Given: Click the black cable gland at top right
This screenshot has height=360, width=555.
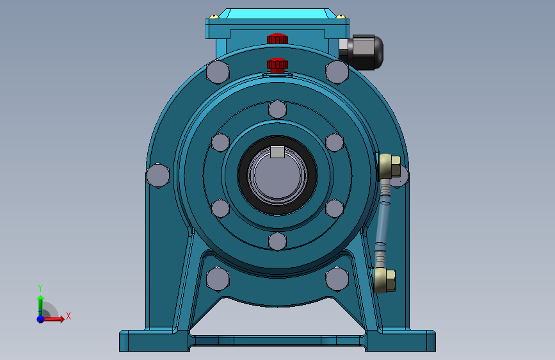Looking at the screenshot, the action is [x=360, y=52].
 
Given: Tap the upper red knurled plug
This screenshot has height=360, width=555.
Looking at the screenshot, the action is [x=277, y=38].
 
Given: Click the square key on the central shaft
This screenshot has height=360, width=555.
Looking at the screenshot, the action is [x=278, y=152].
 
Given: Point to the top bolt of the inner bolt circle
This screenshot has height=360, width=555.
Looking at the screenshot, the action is [x=278, y=109].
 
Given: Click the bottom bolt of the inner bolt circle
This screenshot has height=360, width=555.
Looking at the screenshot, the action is [x=278, y=241].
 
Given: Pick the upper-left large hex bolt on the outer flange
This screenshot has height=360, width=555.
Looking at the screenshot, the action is [x=218, y=72].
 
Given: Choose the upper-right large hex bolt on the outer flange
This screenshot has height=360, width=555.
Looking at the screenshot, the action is [x=337, y=72].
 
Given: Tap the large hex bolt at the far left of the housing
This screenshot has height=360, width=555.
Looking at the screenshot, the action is [x=158, y=176].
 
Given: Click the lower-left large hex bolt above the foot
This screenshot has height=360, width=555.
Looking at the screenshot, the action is [x=218, y=279].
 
